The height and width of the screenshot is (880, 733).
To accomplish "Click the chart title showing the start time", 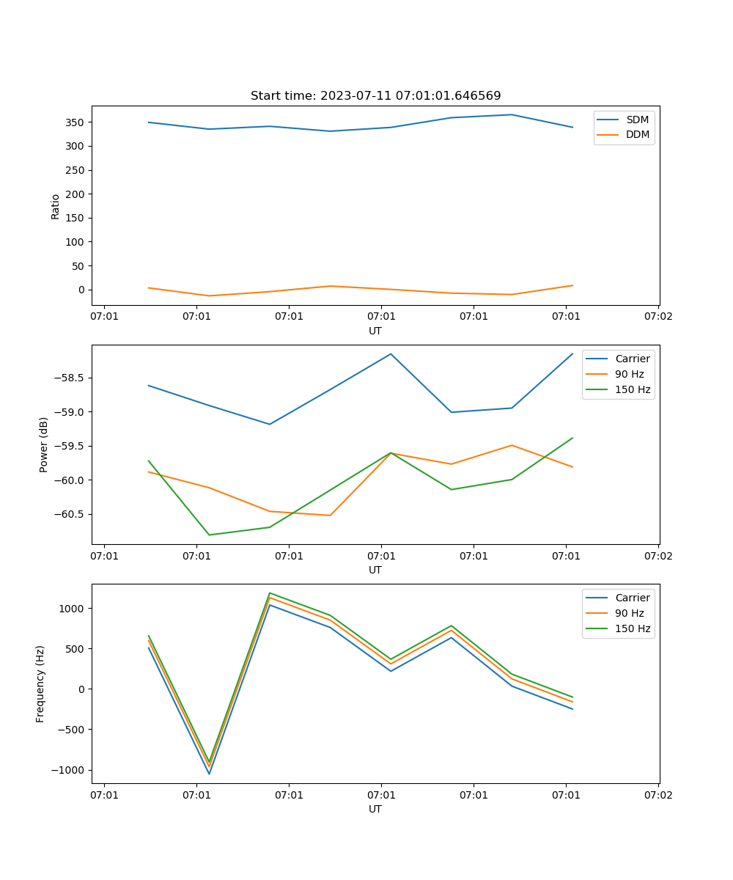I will pyautogui.click(x=375, y=96).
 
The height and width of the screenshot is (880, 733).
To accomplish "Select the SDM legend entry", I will pyautogui.click(x=637, y=120).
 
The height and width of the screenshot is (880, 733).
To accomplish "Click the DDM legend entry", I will pyautogui.click(x=637, y=134).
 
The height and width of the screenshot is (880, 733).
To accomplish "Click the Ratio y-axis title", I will pyautogui.click(x=56, y=207).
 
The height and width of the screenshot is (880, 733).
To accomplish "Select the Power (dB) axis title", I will pyautogui.click(x=44, y=444).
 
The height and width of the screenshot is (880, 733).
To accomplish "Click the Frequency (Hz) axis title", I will pyautogui.click(x=40, y=683).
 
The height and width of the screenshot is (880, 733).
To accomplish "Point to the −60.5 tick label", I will pyautogui.click(x=70, y=514).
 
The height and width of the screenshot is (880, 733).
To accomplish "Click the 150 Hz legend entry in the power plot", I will pyautogui.click(x=633, y=389).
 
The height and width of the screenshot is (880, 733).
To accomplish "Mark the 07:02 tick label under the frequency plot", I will pyautogui.click(x=658, y=795).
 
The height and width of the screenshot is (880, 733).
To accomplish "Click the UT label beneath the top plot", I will pyautogui.click(x=375, y=331).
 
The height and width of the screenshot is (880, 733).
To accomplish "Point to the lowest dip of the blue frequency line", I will pyautogui.click(x=209, y=774).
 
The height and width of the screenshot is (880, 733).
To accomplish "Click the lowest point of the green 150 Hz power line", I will pyautogui.click(x=209, y=535).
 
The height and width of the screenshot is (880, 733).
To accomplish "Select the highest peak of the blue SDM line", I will pyautogui.click(x=511, y=114).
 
